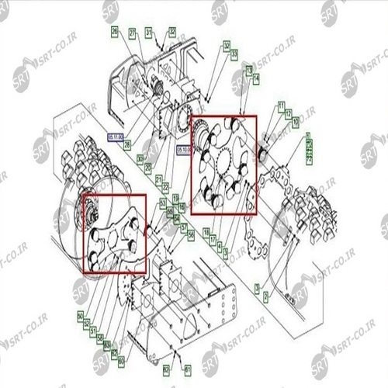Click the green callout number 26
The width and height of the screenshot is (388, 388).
click(114, 32)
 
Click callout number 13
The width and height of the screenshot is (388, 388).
click(248, 69)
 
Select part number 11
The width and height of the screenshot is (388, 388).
click(281, 105)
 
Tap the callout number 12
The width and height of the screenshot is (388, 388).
click(287, 114)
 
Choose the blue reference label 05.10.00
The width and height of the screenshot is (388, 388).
click(184, 147)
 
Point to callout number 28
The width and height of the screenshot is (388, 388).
click(127, 144)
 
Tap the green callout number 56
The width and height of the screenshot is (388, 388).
click(191, 232)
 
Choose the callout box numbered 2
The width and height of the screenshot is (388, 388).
click(266, 296)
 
